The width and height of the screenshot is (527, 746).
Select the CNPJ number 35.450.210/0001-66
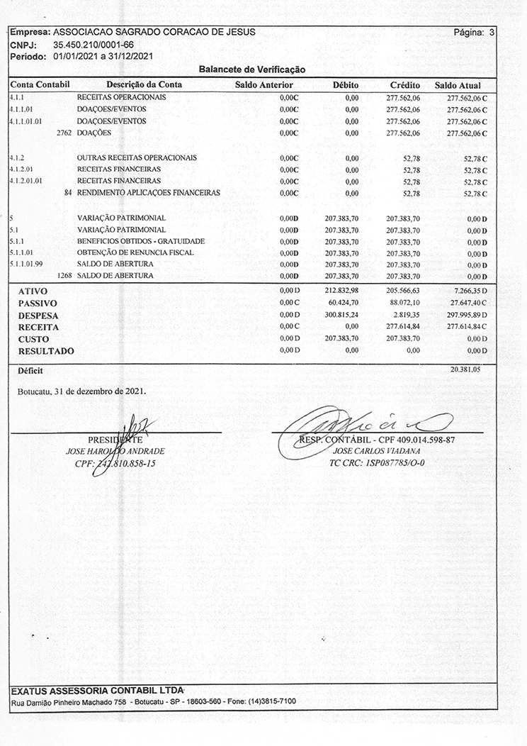coord(93,45)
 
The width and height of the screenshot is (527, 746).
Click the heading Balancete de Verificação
coord(251,70)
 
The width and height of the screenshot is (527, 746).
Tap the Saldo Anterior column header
coord(263,85)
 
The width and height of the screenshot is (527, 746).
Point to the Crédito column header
coord(405,85)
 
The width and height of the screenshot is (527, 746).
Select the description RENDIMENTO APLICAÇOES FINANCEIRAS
coord(148,192)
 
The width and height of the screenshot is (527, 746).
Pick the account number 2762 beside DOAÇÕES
coord(64,133)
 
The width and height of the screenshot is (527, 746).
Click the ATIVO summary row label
coord(33,291)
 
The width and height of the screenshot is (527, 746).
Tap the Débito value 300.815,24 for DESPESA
coord(341,314)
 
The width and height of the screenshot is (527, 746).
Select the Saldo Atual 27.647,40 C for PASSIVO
coord(468,303)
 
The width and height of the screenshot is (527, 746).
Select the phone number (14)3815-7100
coord(271,701)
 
